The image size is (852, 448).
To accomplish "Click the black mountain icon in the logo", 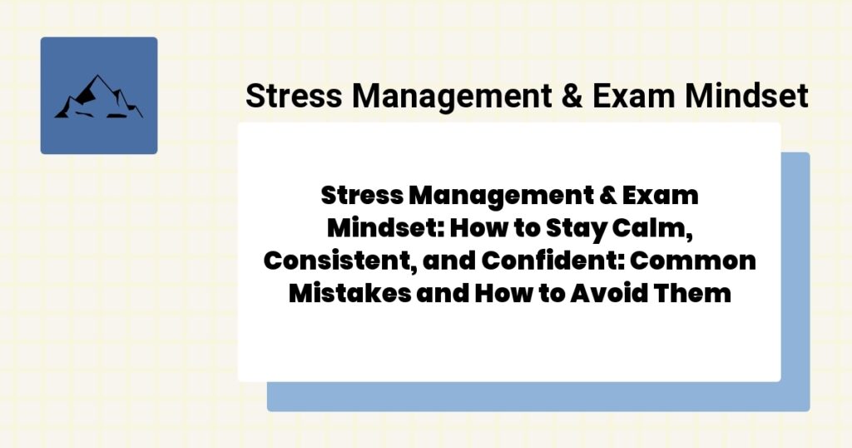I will (98, 97).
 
